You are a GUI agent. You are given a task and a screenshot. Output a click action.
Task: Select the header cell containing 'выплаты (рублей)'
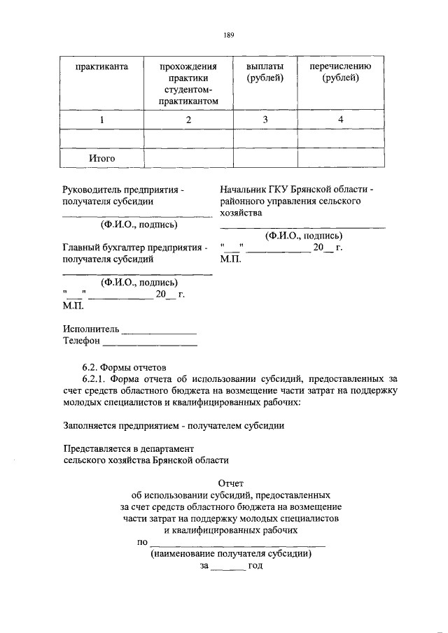265,72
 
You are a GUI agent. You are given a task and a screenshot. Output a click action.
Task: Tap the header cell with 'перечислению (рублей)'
340,72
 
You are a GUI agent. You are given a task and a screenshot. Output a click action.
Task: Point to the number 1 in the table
101,120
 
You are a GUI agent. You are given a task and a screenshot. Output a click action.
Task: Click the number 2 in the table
188,120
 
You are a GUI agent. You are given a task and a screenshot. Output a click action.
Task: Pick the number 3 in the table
265,120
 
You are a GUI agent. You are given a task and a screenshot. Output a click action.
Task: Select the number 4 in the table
340,120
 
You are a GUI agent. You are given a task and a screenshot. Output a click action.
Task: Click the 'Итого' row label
101,159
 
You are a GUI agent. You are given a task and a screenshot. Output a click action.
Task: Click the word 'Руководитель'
91,190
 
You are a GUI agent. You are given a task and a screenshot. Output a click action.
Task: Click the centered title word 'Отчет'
230,483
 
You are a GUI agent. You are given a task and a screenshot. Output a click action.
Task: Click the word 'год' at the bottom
254,565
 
